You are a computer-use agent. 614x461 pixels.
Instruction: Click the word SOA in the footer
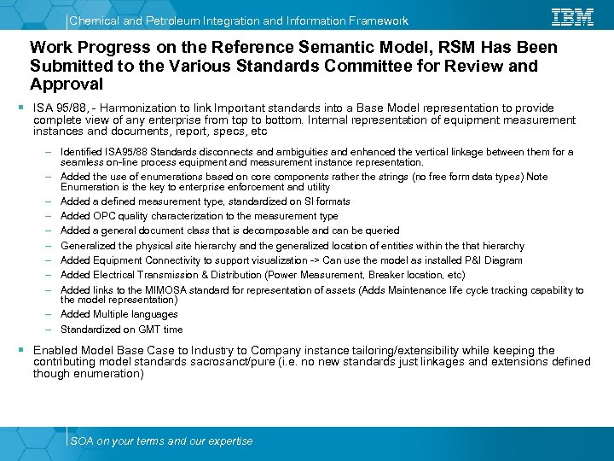pos(82,441)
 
